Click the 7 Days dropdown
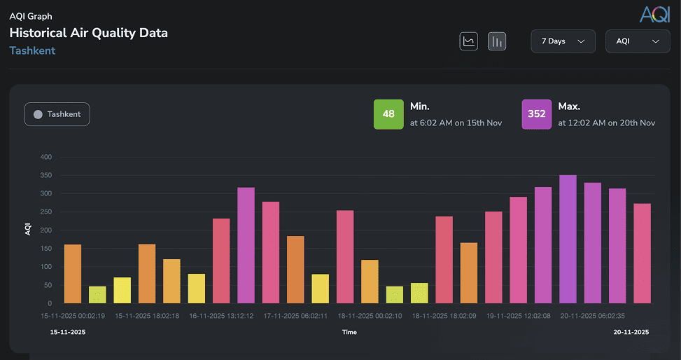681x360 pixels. (563, 41)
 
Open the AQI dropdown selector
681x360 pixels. (637, 41)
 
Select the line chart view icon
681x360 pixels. (469, 41)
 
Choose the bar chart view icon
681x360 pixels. (497, 41)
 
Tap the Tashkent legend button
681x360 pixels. (57, 114)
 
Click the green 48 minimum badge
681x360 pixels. (388, 114)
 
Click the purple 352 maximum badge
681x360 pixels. (536, 114)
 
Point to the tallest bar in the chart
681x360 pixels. (568, 239)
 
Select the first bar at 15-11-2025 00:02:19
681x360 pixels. (73, 274)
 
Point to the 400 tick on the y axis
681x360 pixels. (45, 157)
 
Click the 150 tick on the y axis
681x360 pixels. (45, 249)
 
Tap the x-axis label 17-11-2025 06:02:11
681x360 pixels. (295, 316)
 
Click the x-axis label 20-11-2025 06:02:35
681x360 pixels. (593, 316)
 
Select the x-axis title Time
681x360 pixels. (349, 332)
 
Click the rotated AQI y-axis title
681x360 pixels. (29, 228)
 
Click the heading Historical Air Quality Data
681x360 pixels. (88, 33)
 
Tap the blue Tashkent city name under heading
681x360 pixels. (32, 50)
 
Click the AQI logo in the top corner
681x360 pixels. (654, 14)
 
